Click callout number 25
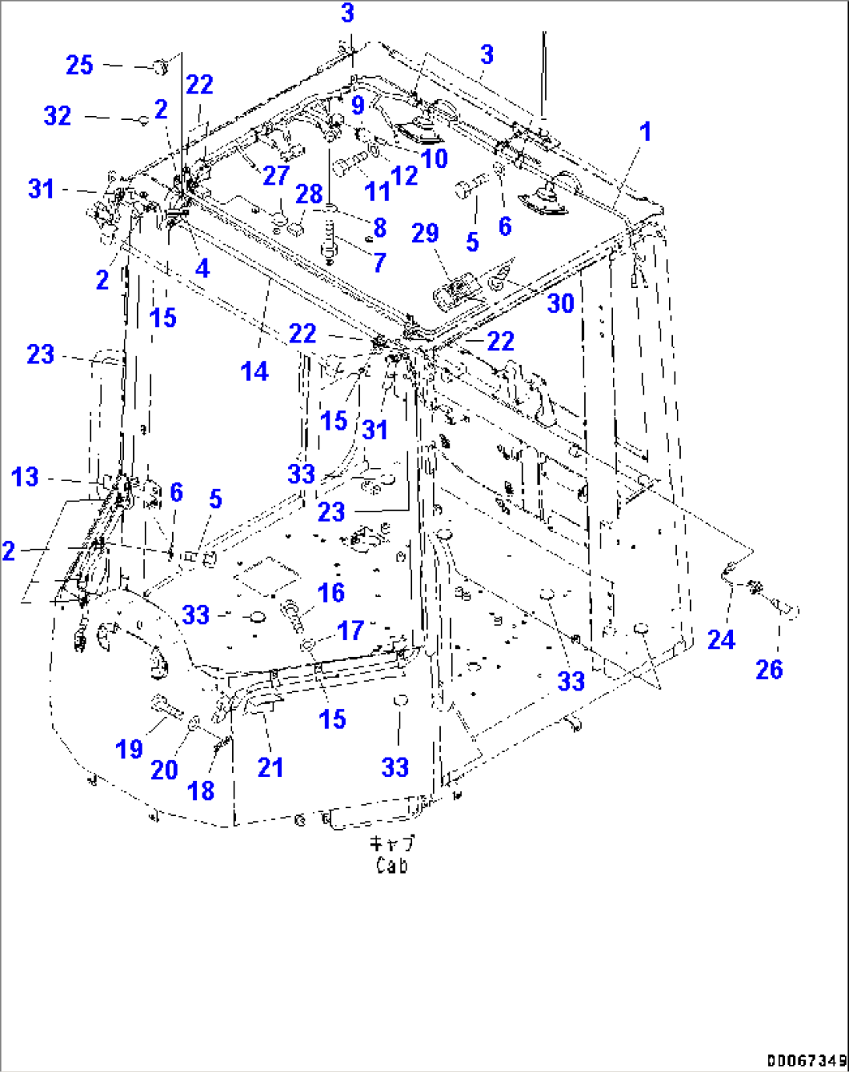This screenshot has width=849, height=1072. [79, 65]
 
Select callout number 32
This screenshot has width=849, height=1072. [58, 116]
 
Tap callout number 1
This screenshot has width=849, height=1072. [645, 132]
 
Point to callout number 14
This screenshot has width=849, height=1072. [255, 371]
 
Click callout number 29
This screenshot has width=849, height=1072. [425, 233]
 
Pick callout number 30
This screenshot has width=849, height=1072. [560, 303]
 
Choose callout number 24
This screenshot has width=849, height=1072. [720, 640]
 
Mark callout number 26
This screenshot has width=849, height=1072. [770, 669]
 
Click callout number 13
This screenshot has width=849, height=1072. [25, 476]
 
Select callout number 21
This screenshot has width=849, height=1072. [270, 767]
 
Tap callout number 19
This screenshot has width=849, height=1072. [129, 749]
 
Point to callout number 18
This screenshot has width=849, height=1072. [201, 790]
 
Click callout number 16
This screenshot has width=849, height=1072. [331, 592]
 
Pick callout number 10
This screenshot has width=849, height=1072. [434, 158]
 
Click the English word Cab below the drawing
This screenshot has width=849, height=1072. [392, 865]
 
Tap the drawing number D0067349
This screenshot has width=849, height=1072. [806, 1060]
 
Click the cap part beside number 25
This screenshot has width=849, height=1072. [160, 67]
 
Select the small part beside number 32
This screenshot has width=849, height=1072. [143, 120]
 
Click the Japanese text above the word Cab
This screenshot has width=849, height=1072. [392, 844]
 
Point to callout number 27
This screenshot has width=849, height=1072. [276, 175]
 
